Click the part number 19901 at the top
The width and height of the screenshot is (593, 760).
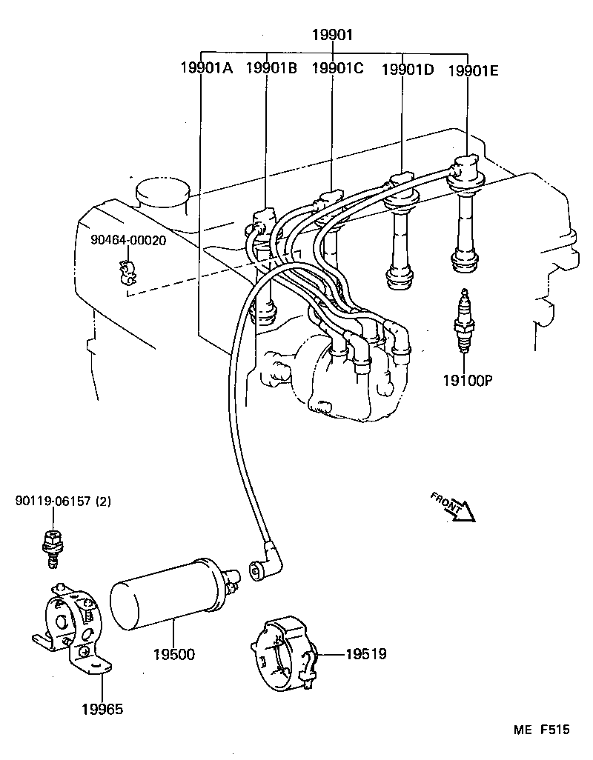pyautogui.click(x=331, y=35)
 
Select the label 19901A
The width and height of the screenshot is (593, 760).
pyautogui.click(x=206, y=69)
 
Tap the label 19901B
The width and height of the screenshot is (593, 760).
pyautogui.click(x=271, y=69)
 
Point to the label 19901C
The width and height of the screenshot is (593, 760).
pyautogui.click(x=337, y=69)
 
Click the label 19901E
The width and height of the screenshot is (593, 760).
pyautogui.click(x=473, y=70)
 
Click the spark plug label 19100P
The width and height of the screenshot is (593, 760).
pyautogui.click(x=468, y=381)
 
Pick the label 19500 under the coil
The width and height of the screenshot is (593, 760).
pyautogui.click(x=174, y=655)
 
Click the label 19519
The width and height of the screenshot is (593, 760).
pyautogui.click(x=365, y=654)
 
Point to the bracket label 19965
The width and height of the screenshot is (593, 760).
pyautogui.click(x=102, y=709)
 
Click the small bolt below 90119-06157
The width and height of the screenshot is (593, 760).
pyautogui.click(x=51, y=549)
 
